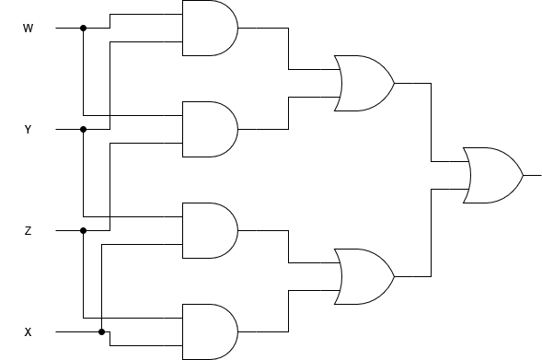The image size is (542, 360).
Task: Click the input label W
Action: click(28, 29)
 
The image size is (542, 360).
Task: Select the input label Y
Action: click(28, 130)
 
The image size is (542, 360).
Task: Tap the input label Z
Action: click(28, 231)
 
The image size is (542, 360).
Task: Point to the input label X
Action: click(28, 331)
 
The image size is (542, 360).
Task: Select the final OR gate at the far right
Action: click(493, 175)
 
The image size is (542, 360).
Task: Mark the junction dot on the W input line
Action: click(83, 28)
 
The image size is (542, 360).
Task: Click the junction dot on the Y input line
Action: click(83, 129)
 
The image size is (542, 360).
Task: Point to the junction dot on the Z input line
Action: click(83, 230)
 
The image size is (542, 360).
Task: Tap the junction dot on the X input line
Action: click(101, 331)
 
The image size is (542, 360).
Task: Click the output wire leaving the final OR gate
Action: click(532, 175)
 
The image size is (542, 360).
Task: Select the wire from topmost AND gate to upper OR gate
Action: click(289, 46)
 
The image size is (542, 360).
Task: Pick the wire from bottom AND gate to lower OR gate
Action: click(289, 313)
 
